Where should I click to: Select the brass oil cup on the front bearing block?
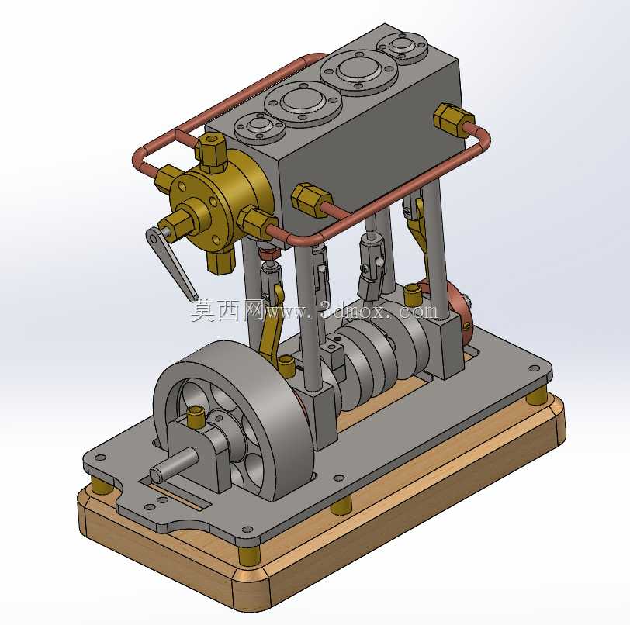click(196, 416)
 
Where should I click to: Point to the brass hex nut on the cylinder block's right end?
click(452, 119)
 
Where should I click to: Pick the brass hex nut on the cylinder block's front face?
click(311, 200)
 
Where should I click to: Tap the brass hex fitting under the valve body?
click(221, 261)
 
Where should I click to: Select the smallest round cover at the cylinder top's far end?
click(402, 48)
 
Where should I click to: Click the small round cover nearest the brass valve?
click(260, 128)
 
